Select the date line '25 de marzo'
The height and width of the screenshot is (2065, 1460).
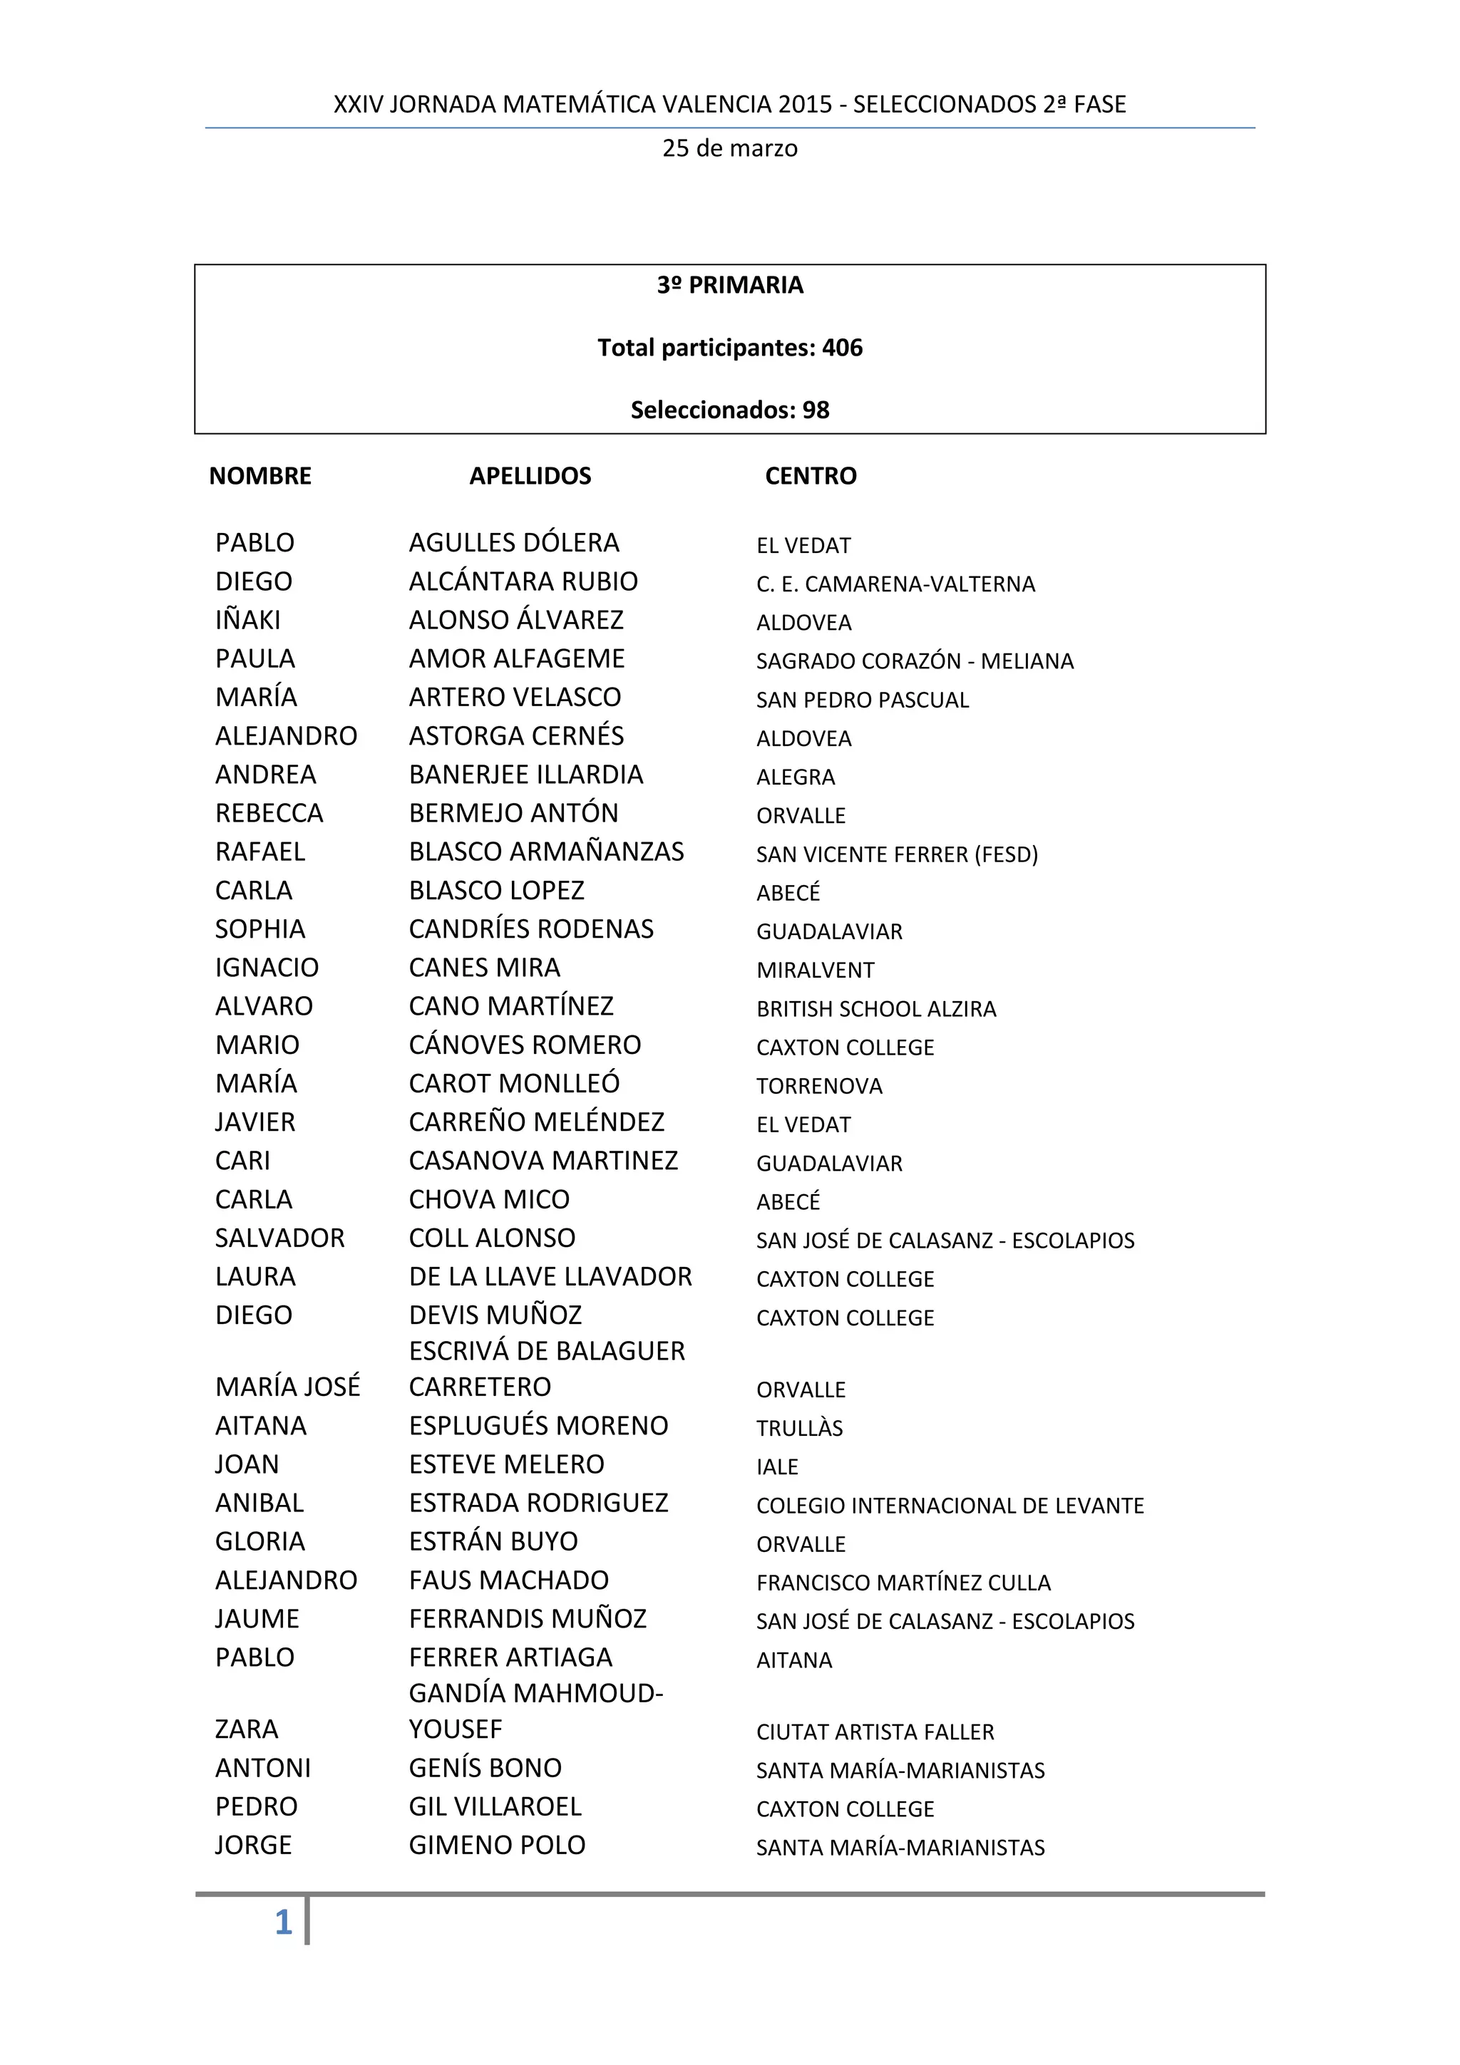point(729,148)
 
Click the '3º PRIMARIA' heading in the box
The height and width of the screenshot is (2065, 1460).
point(729,285)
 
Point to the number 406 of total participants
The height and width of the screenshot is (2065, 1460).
point(842,348)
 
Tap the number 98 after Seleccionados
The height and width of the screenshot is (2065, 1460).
point(816,410)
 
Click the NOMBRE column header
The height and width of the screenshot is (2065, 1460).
point(260,476)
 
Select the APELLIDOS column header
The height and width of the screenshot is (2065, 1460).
point(530,476)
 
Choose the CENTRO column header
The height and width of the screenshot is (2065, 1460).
point(811,476)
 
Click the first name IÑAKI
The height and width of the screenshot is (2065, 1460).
point(247,621)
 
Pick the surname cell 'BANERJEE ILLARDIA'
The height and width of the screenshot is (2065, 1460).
point(526,775)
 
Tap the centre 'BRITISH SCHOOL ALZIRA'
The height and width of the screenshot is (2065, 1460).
point(876,1009)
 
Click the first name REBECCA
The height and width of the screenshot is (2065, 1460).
point(269,814)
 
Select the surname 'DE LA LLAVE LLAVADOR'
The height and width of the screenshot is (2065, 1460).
point(550,1277)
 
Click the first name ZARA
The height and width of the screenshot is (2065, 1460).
point(247,1729)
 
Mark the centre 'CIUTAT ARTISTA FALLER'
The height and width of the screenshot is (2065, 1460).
point(875,1732)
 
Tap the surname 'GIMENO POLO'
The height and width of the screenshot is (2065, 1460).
point(498,1846)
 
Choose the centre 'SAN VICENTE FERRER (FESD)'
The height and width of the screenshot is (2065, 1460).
point(897,854)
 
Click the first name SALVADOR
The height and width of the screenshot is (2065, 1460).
point(279,1238)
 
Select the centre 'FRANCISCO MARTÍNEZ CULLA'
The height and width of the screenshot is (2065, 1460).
point(903,1583)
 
